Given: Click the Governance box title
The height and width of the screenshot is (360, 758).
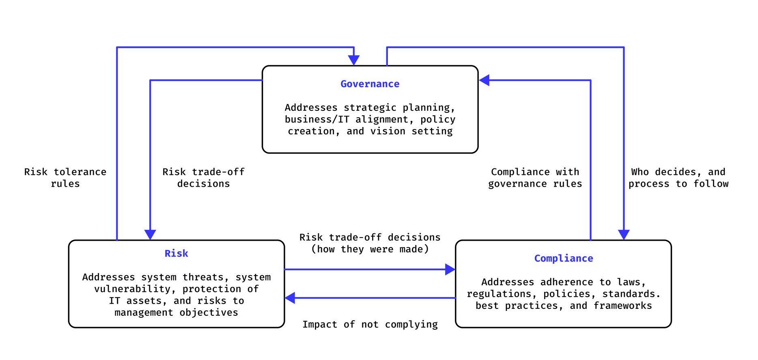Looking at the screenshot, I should [370, 84].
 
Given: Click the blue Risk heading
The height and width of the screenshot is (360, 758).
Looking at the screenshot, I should [176, 254].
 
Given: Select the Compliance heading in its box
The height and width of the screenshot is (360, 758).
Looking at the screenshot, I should [563, 259].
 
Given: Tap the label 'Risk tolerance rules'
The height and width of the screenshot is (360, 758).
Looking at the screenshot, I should [65, 178].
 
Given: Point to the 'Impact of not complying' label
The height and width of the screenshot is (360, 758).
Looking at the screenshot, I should [370, 325].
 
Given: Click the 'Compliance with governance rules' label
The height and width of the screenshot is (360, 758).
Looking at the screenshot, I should [535, 178].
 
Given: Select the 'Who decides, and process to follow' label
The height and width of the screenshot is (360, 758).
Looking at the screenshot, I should [678, 178].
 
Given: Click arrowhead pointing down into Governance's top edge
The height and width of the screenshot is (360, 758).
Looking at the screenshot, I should [354, 60].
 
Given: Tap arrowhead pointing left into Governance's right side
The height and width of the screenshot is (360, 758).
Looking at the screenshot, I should [485, 80].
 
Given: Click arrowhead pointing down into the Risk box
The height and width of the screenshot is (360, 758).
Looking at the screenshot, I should [150, 235].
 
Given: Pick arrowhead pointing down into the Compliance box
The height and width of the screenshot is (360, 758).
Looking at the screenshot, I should [624, 235].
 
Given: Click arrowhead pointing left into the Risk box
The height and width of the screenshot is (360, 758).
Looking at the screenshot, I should [290, 298].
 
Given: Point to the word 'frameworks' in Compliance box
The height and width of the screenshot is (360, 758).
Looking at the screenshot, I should [622, 306].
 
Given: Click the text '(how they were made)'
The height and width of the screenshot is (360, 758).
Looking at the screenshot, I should [370, 249].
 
